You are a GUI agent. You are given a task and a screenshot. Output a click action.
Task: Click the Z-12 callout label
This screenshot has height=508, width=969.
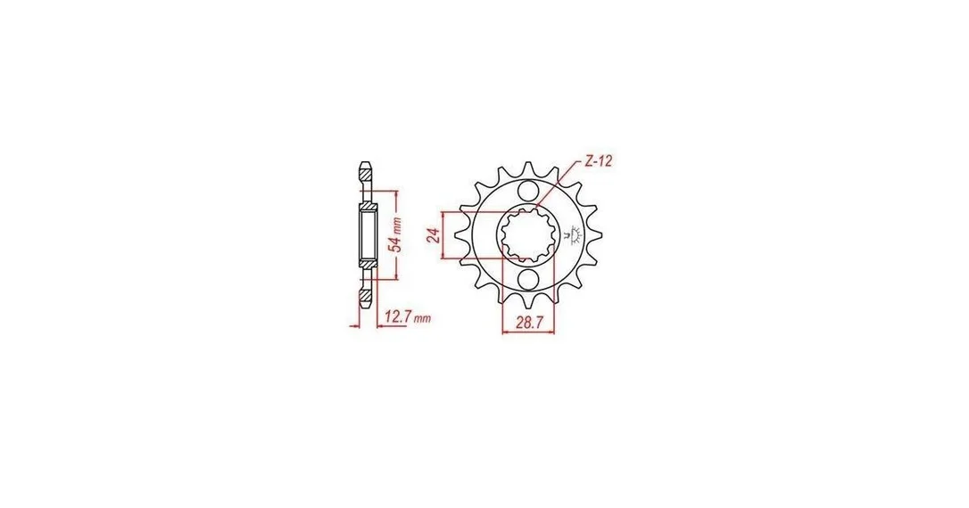click(x=598, y=161)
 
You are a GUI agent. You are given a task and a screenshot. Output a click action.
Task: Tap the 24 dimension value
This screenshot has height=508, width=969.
click(x=434, y=235)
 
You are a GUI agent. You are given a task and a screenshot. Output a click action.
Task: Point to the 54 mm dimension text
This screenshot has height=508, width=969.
click(x=398, y=234)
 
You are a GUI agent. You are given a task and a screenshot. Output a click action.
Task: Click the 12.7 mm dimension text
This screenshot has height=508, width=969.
click(x=407, y=318)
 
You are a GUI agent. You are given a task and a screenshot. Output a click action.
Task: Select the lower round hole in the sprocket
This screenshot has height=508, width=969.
click(x=529, y=280)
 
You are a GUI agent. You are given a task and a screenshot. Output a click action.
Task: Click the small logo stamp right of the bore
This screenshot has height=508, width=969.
click(x=572, y=235)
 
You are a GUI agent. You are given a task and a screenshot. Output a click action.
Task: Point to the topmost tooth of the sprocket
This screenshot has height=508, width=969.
click(x=529, y=168)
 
